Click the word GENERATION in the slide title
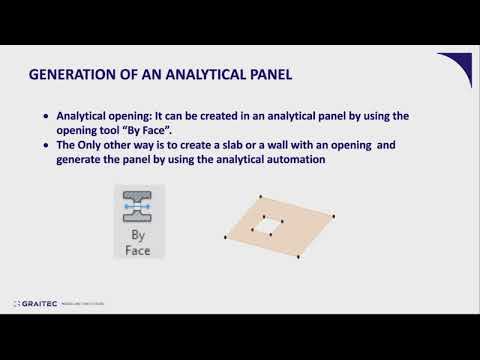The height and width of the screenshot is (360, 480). tap(71, 75)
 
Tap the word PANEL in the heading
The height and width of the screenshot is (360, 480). tap(266, 75)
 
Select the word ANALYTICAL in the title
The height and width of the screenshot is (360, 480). tap(195, 75)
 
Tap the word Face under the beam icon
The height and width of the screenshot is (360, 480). tap(139, 250)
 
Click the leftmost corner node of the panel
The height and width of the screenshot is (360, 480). tap(222, 236)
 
